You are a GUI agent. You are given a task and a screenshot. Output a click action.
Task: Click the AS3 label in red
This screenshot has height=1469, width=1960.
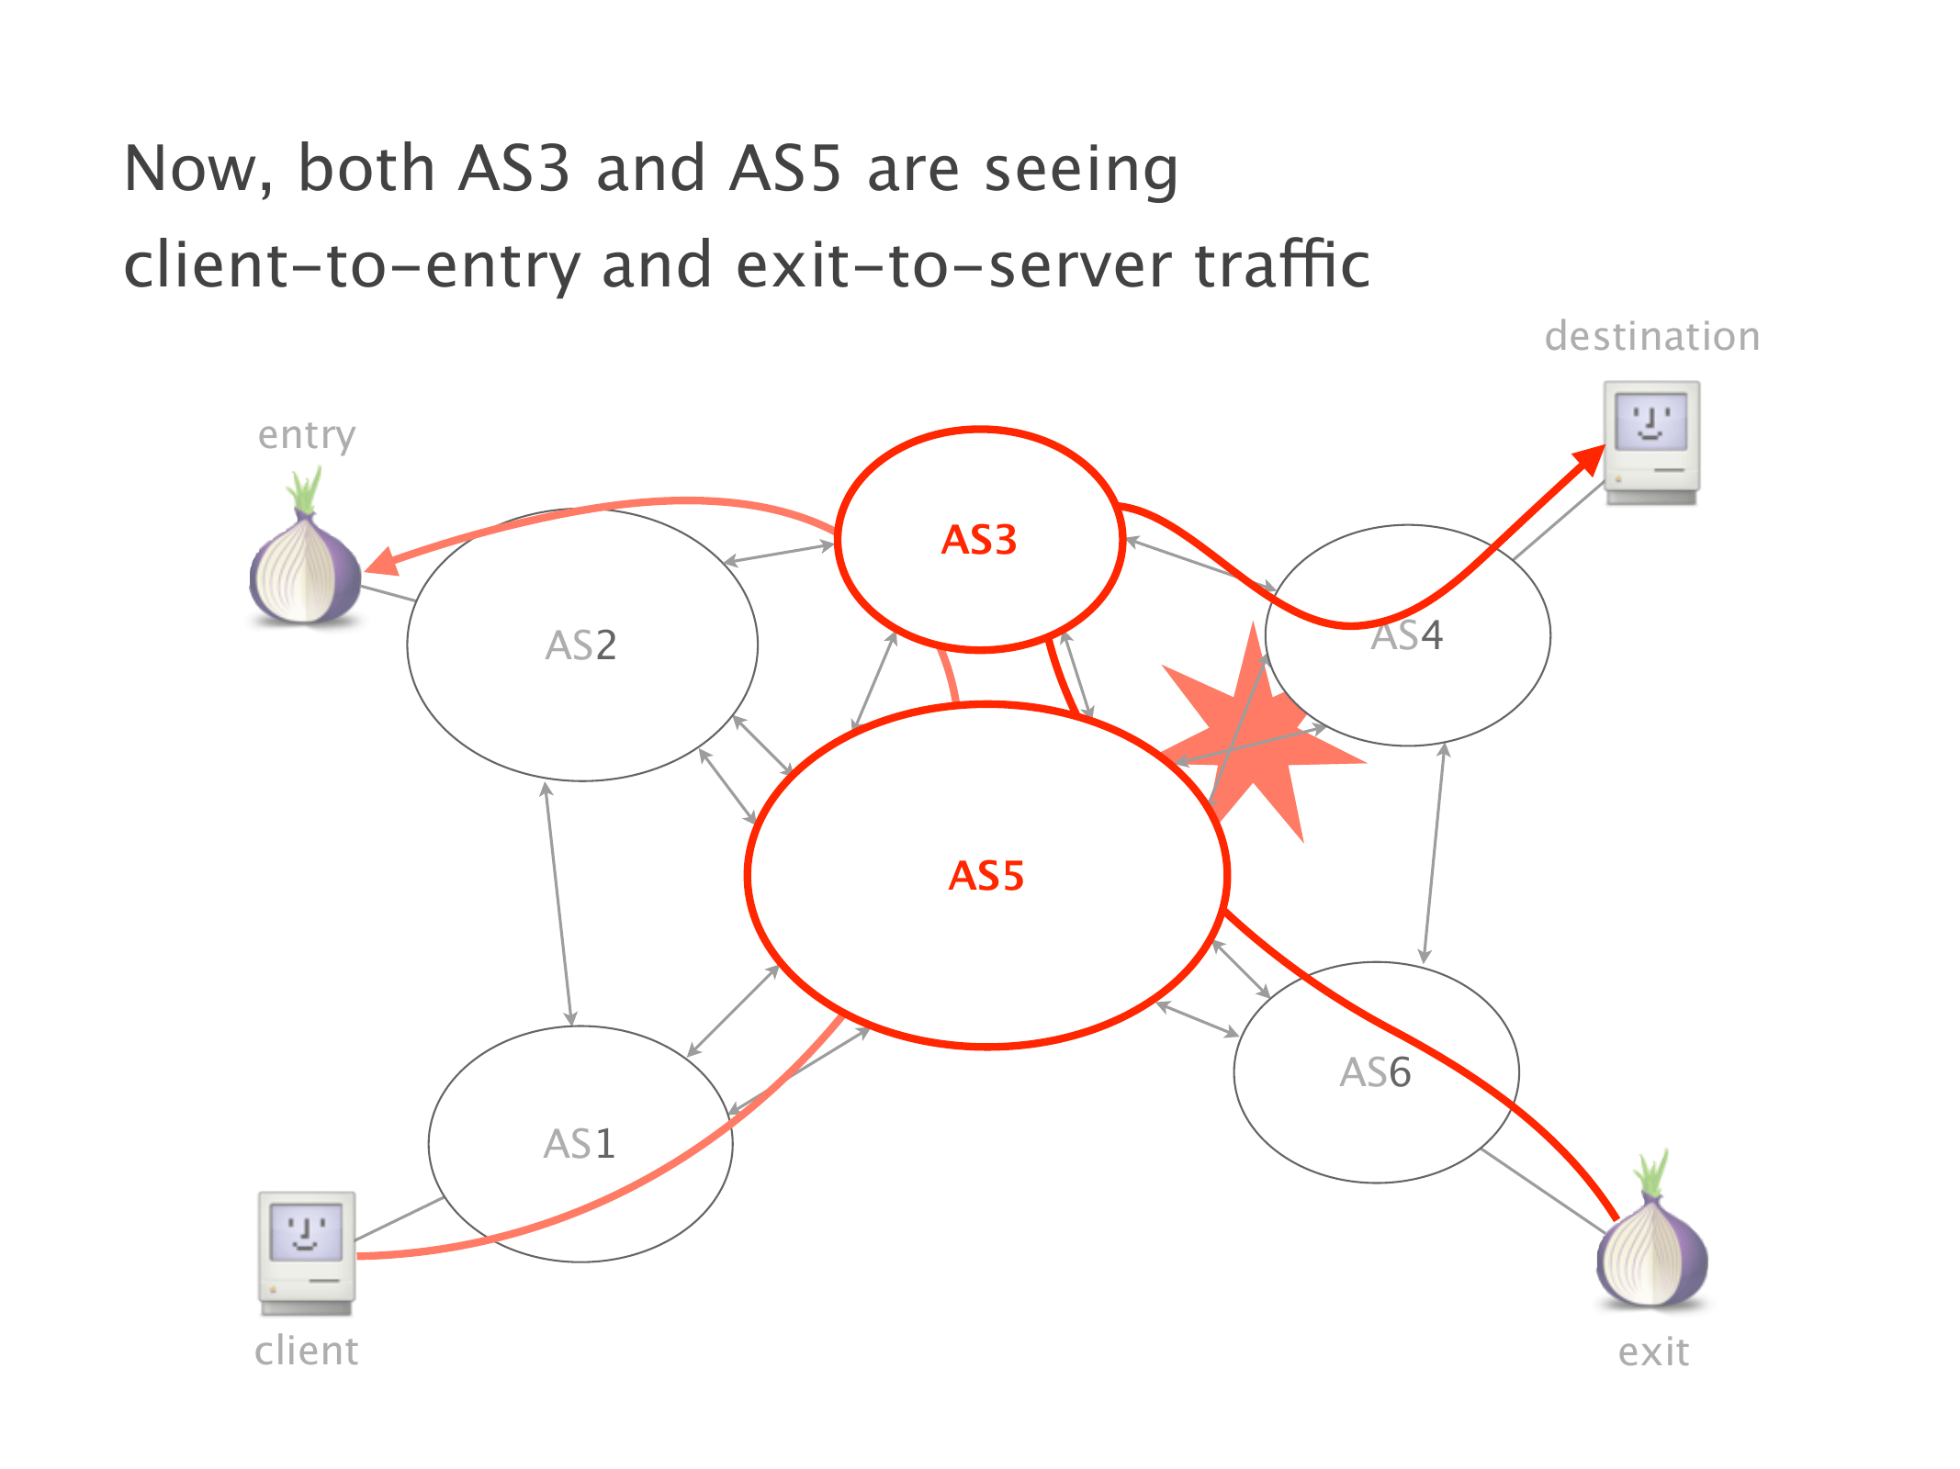[x=979, y=540]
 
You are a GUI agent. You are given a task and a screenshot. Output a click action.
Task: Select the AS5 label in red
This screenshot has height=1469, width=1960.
[x=986, y=876]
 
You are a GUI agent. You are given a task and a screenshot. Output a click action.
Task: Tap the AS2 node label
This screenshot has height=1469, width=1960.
[x=580, y=645]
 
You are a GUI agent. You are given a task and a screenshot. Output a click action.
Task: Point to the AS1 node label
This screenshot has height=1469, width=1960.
[x=579, y=1144]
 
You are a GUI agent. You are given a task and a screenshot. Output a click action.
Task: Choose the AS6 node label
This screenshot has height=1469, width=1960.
[x=1375, y=1072]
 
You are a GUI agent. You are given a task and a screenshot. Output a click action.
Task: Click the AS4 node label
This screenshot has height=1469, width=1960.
[x=1406, y=635]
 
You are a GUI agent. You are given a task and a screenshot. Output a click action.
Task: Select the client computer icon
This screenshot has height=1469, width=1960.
[x=307, y=1252]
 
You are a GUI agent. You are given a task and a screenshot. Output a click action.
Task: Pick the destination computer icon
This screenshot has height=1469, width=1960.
[x=1651, y=443]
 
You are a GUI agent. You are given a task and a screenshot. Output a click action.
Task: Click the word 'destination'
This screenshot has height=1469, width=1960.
[x=1651, y=337]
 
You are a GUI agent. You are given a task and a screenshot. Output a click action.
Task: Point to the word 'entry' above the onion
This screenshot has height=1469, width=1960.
[x=307, y=436]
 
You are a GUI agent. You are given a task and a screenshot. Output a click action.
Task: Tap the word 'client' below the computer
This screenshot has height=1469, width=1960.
[x=307, y=1351]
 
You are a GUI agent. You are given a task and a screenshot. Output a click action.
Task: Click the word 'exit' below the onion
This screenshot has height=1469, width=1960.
[x=1653, y=1352]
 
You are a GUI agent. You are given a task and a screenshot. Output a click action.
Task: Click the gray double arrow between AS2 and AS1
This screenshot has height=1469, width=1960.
[x=558, y=904]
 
